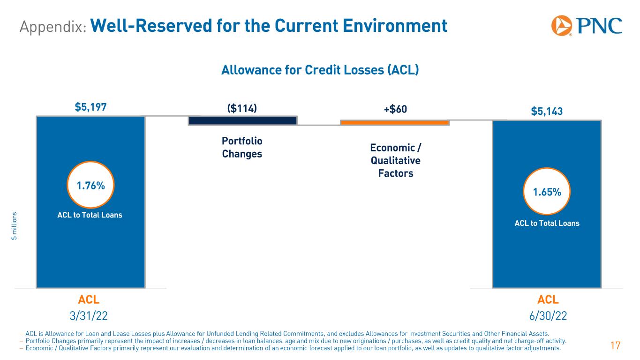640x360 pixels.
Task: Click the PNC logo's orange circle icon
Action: pos(561,26)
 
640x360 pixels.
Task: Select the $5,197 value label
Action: pos(90,107)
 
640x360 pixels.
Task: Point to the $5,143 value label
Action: pos(547,111)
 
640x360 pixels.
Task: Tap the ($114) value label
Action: pos(242,108)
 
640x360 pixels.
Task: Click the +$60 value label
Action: pos(395,109)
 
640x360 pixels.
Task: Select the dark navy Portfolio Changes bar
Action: pos(242,120)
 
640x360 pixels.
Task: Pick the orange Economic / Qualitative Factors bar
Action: pos(395,122)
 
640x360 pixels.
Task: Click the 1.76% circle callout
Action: pos(90,185)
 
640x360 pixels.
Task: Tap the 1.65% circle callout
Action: pos(547,191)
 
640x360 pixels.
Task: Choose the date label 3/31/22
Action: pos(89,316)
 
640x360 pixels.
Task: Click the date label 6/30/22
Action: pos(548,316)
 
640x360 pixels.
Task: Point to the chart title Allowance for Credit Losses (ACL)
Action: pos(320,70)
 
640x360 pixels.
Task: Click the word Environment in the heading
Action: pos(395,26)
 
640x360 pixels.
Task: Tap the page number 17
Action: pos(616,346)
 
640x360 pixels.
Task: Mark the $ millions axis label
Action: pos(14,226)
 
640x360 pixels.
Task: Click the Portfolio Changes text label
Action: pos(242,148)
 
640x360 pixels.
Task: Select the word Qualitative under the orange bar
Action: pos(395,161)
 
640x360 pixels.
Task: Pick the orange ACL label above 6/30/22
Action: pos(548,300)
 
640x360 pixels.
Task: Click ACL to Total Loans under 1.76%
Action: pos(90,215)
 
